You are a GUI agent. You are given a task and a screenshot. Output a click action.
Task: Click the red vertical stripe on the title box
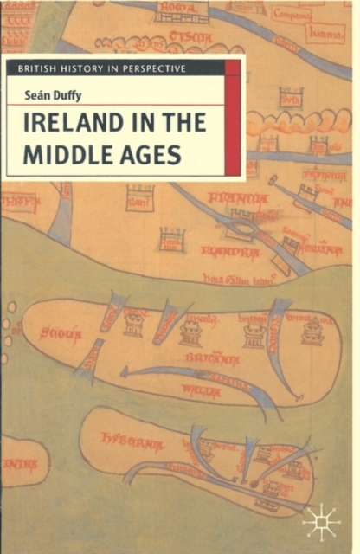click(x=234, y=116)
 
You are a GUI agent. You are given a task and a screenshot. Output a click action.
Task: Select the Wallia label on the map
click(x=202, y=391)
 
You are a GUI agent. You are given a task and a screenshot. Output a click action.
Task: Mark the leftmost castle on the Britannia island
click(x=133, y=325)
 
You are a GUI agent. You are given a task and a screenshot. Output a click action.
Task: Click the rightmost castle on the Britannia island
click(x=312, y=332)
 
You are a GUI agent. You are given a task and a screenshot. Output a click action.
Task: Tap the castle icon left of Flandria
click(x=172, y=239)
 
